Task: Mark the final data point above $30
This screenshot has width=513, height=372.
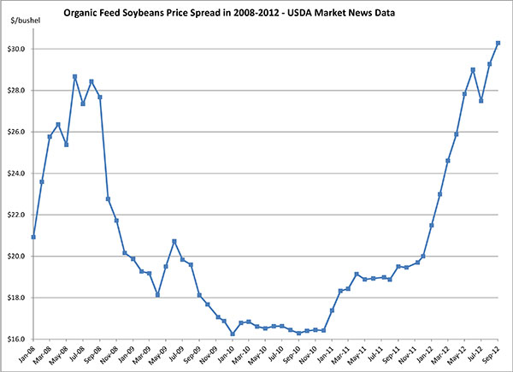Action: click(x=498, y=43)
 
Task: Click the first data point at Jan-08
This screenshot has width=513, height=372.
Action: click(x=33, y=237)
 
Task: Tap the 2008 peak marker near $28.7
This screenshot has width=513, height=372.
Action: click(x=75, y=76)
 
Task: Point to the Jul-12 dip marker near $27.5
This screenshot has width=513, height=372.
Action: click(x=481, y=100)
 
